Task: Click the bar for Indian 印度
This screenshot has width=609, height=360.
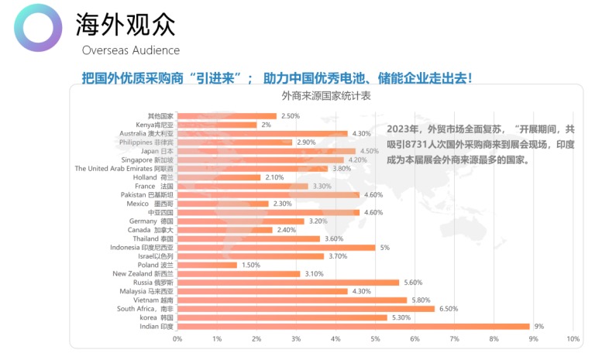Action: pyautogui.click(x=353, y=327)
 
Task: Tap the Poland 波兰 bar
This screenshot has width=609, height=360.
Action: pyautogui.click(x=207, y=265)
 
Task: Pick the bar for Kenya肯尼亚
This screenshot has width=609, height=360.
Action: pyautogui.click(x=217, y=125)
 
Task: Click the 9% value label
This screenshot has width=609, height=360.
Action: pyautogui.click(x=539, y=327)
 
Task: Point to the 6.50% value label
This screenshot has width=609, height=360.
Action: pyautogui.click(x=448, y=309)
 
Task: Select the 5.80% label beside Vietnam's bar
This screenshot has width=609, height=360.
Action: pyautogui.click(x=421, y=300)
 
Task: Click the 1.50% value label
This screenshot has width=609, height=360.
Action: pyautogui.click(x=250, y=265)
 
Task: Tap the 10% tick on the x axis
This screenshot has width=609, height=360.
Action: pyautogui.click(x=573, y=340)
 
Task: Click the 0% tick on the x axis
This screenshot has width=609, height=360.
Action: pyautogui.click(x=177, y=340)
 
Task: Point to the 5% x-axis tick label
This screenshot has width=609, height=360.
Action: pyautogui.click(x=375, y=340)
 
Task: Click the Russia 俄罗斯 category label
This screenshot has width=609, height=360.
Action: pyautogui.click(x=153, y=283)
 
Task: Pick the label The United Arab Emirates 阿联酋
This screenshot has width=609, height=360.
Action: pyautogui.click(x=124, y=168)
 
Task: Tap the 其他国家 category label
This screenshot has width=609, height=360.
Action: pyautogui.click(x=160, y=115)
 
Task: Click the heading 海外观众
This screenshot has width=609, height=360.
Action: pyautogui.click(x=126, y=26)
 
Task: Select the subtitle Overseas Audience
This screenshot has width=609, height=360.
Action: pyautogui.click(x=130, y=50)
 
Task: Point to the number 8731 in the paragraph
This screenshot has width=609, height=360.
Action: pyautogui.click(x=438, y=146)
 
